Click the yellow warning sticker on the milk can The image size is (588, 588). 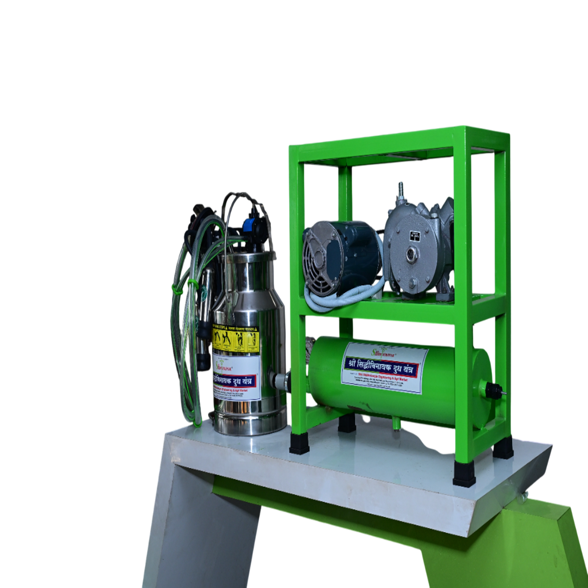tap(236, 339)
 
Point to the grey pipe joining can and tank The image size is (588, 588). tap(282, 380)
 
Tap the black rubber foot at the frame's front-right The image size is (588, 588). tap(464, 474)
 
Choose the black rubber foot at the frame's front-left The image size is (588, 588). tap(299, 443)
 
